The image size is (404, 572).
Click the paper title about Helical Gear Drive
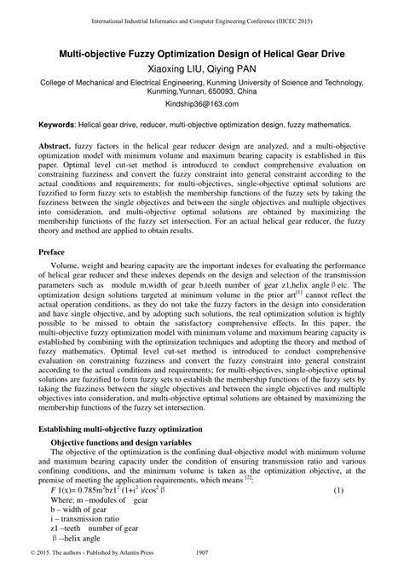click(202, 54)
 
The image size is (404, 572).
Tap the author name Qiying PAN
click(234, 69)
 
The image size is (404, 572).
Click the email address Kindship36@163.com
click(202, 105)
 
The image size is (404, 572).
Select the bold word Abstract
click(68, 148)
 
